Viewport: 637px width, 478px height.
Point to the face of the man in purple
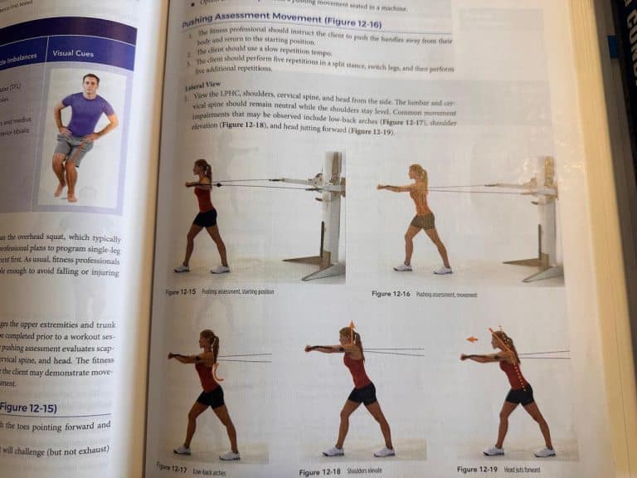coord(90,83)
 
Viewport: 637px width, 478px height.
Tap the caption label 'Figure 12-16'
coord(392,294)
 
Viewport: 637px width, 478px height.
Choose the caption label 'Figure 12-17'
coord(173,467)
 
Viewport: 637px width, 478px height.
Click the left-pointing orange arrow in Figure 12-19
coord(471,339)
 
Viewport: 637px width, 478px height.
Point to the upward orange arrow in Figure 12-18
coord(351,326)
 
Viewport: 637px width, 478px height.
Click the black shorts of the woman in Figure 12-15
coord(205,217)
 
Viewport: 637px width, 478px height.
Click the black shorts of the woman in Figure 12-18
coord(362,393)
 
